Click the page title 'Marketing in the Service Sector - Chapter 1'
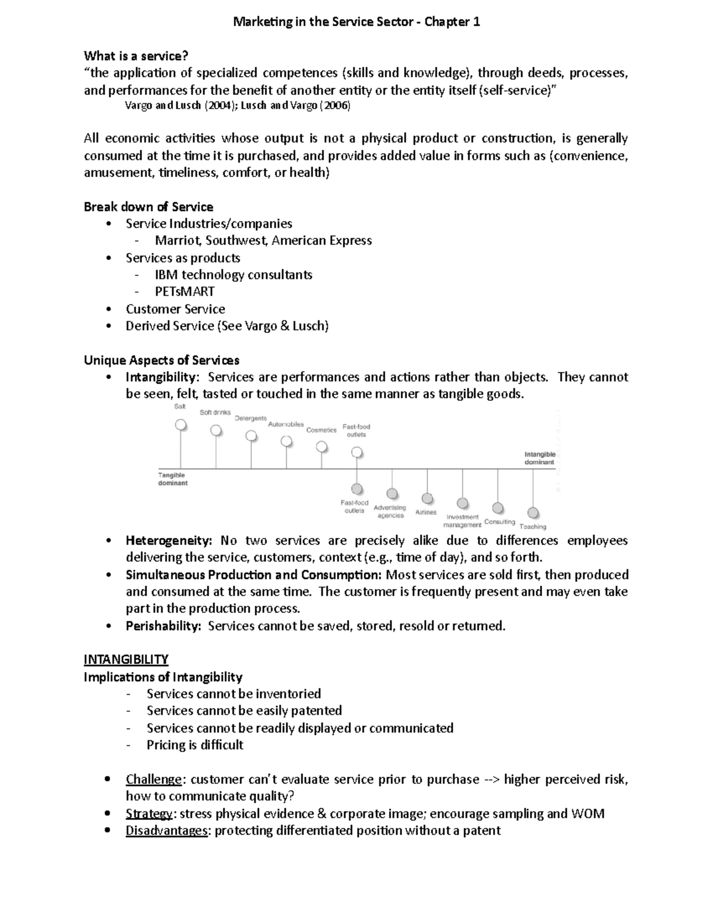pyautogui.click(x=356, y=22)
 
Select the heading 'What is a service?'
pyautogui.click(x=136, y=56)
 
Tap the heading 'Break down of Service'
pyautogui.click(x=149, y=207)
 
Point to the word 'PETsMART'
pyautogui.click(x=185, y=292)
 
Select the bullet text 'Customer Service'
pyautogui.click(x=175, y=309)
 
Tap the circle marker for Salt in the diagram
pyautogui.click(x=181, y=425)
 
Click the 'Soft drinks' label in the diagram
pyautogui.click(x=215, y=413)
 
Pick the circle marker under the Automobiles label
pyautogui.click(x=286, y=441)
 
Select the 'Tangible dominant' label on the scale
pyautogui.click(x=172, y=479)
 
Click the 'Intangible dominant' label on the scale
pyautogui.click(x=540, y=458)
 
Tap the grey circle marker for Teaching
pyautogui.click(x=533, y=512)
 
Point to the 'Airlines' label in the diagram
pyautogui.click(x=426, y=512)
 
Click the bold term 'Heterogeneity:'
pyautogui.click(x=169, y=540)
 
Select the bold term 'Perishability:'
pyautogui.click(x=163, y=626)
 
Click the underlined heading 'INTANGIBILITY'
pyautogui.click(x=126, y=660)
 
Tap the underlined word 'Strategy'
pyautogui.click(x=149, y=813)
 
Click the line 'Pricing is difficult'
pyautogui.click(x=195, y=745)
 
